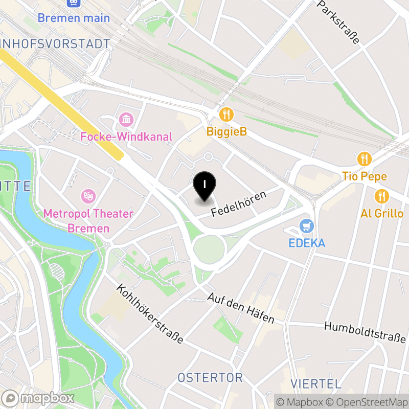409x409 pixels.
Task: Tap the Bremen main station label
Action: [74, 18]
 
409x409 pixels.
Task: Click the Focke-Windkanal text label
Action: [126, 137]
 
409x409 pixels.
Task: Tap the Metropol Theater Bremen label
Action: [88, 220]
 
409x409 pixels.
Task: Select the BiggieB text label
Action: [227, 132]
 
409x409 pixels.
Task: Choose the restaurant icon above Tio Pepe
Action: [364, 159]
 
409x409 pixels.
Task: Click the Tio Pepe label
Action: [364, 177]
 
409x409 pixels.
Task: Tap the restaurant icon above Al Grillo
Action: [381, 196]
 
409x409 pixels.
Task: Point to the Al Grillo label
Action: [381, 213]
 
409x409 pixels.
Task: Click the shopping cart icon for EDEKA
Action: [306, 225]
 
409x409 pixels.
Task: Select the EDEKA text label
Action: [306, 243]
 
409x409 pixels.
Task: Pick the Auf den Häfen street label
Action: [241, 308]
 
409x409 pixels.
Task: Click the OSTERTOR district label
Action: [210, 378]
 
